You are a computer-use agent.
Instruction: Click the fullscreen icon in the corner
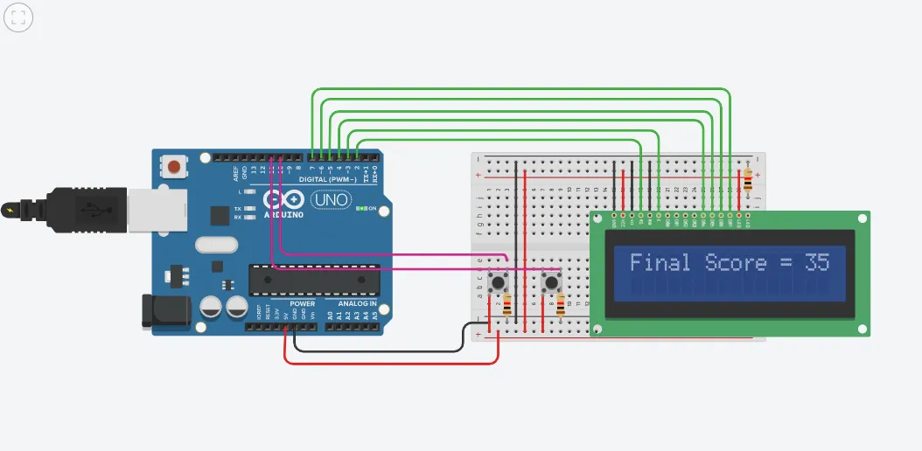point(17,17)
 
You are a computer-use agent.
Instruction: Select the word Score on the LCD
point(736,262)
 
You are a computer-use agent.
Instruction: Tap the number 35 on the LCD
point(816,262)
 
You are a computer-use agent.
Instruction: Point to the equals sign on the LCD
point(786,263)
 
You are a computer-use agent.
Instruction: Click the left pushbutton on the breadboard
point(499,282)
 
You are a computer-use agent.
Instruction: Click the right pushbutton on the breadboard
point(551,282)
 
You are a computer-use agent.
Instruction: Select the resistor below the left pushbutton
point(508,306)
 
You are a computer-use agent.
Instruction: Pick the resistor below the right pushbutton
point(561,305)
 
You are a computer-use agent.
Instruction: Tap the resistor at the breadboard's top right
point(748,182)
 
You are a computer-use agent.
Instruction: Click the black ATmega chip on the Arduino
point(314,278)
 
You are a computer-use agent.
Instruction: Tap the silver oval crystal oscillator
point(216,246)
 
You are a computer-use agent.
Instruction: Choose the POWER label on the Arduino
point(302,303)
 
